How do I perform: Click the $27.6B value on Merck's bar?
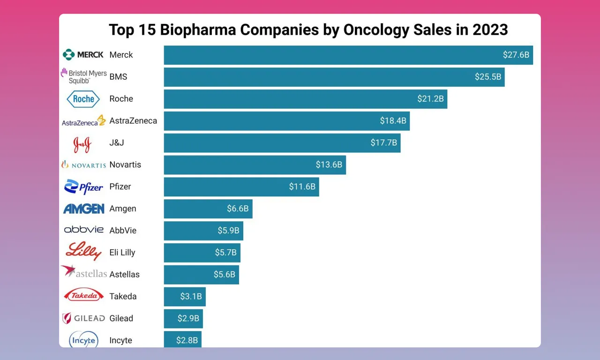516,55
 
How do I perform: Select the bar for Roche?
306,99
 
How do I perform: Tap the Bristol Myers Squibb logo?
84,76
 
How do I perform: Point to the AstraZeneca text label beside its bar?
133,121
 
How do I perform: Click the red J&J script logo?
82,145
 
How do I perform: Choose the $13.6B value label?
329,165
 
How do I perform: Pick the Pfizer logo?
83,187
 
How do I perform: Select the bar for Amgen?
208,209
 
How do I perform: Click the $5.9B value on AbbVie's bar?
228,230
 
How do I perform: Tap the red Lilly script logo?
83,251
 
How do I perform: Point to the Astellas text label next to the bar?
125,275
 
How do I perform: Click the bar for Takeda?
185,297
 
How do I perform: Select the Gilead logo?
83,318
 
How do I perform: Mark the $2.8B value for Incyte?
187,340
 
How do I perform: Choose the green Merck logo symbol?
68,55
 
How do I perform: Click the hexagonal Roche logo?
83,99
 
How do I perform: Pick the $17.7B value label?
383,142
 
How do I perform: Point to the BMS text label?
118,77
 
